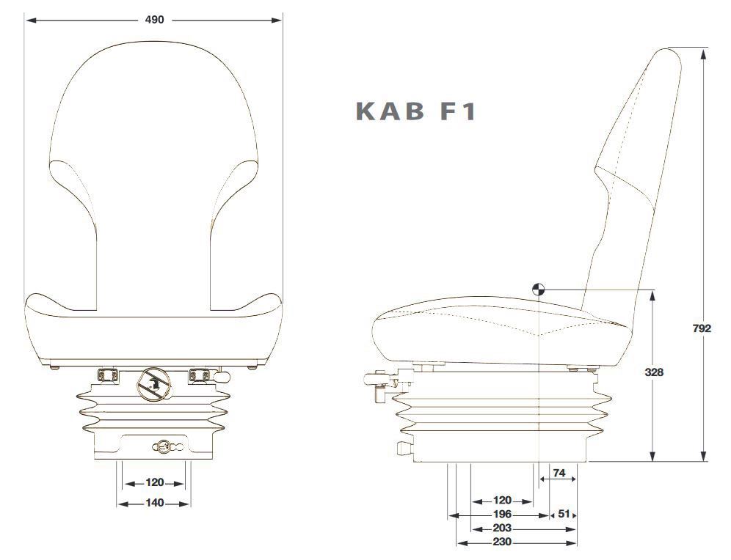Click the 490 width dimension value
154,20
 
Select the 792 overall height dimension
702,329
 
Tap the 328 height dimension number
654,372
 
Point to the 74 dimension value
559,474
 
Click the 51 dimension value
564,514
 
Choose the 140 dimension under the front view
154,503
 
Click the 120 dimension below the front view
154,483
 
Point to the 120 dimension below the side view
502,501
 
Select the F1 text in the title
457,111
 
